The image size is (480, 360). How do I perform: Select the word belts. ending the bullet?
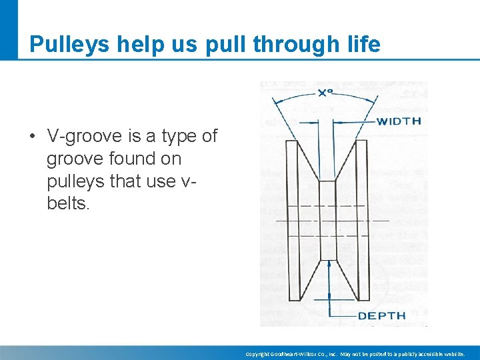pyautogui.click(x=67, y=204)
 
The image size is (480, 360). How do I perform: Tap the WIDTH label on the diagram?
pyautogui.click(x=399, y=121)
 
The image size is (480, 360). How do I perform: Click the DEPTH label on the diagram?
pyautogui.click(x=382, y=316)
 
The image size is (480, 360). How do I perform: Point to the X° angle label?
pyautogui.click(x=325, y=94)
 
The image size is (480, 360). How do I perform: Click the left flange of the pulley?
pyautogui.click(x=291, y=220)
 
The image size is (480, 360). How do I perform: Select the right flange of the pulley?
pyautogui.click(x=362, y=220)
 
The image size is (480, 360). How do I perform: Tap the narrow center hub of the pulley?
pyautogui.click(x=327, y=220)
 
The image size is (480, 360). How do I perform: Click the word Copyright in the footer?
pyautogui.click(x=257, y=354)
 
